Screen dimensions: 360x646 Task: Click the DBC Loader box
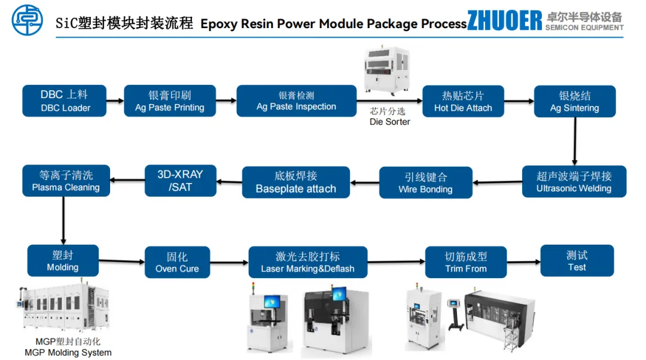click(65, 100)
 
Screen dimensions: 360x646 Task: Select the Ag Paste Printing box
click(170, 100)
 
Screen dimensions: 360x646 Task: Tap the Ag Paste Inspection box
click(296, 100)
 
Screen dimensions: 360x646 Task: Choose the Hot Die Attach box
click(463, 101)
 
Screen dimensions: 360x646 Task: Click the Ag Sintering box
click(574, 101)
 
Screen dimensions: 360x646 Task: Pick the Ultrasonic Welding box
click(574, 181)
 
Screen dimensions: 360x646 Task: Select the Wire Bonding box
click(425, 182)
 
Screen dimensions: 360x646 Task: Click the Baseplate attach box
click(295, 182)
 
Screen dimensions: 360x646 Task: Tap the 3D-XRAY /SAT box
click(180, 181)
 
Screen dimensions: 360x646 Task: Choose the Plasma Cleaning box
click(66, 181)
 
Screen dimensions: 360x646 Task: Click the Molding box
click(63, 260)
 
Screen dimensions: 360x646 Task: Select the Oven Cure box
click(177, 262)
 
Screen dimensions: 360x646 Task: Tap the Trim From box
click(466, 262)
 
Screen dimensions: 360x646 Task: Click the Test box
click(577, 260)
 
